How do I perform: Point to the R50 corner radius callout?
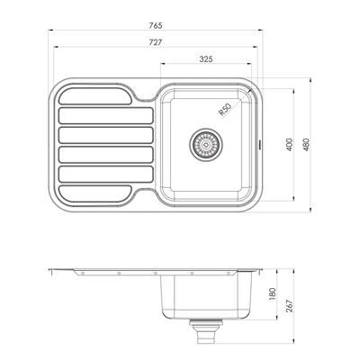225,109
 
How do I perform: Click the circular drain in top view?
206,142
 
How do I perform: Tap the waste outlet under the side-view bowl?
206,334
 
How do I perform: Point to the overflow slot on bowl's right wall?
261,141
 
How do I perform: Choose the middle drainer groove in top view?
94,135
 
